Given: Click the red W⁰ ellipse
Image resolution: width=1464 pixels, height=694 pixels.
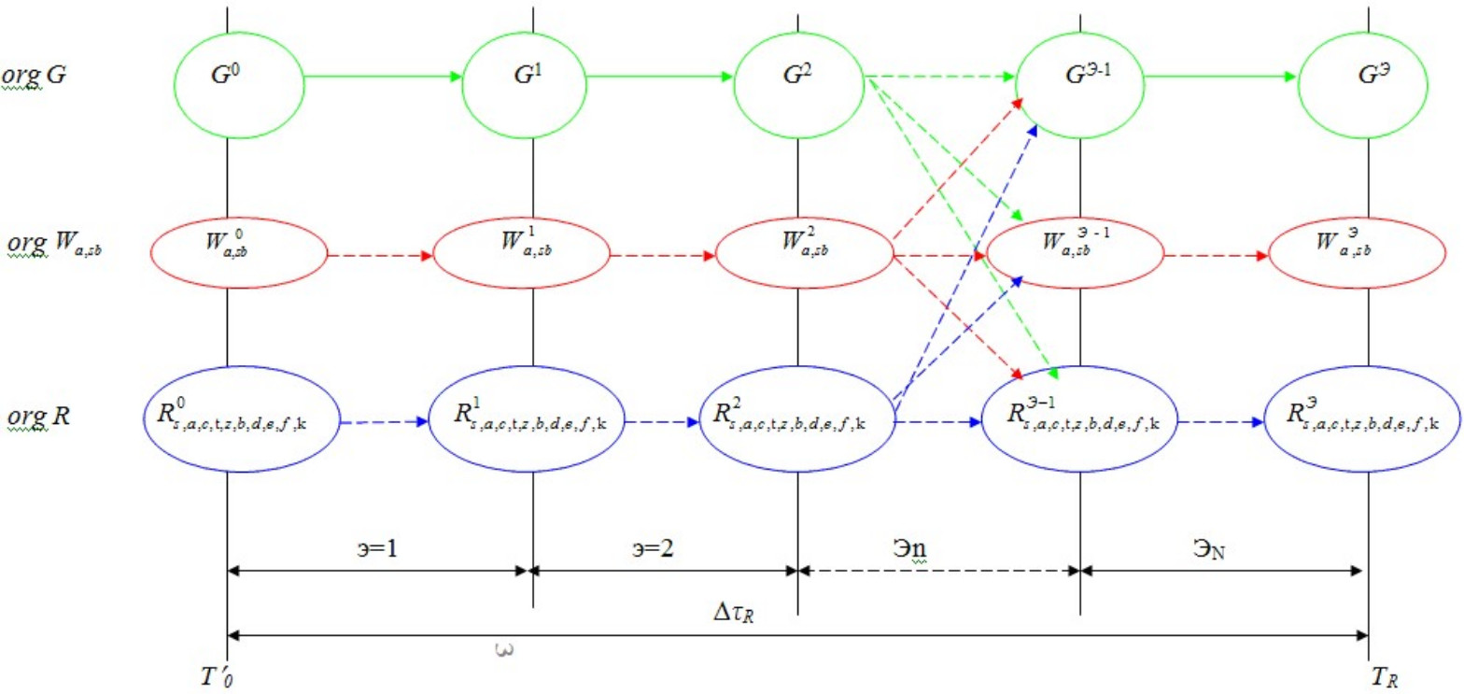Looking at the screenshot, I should [239, 253].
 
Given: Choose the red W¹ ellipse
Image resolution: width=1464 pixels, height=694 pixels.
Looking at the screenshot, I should [525, 253].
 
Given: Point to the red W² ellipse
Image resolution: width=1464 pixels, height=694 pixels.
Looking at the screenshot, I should [803, 253].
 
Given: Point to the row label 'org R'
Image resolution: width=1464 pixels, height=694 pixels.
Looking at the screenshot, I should [36, 417].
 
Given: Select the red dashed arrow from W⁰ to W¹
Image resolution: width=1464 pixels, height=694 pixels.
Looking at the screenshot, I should [380, 254].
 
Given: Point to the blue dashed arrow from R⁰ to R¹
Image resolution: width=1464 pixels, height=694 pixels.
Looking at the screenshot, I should [384, 421].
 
